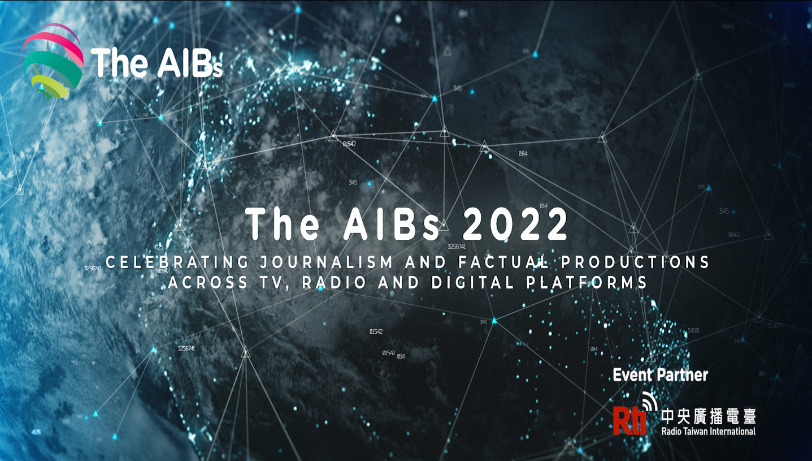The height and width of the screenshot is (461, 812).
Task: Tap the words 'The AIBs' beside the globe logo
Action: point(156,63)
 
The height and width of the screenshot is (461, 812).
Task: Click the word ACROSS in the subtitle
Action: point(208,283)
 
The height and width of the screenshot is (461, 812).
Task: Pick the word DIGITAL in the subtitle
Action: point(473,283)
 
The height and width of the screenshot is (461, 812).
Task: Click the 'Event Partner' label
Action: point(660,375)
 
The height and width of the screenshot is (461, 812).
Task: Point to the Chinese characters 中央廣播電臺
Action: point(708,416)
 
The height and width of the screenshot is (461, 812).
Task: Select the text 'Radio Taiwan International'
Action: point(708,432)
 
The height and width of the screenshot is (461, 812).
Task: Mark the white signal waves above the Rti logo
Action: point(650,400)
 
